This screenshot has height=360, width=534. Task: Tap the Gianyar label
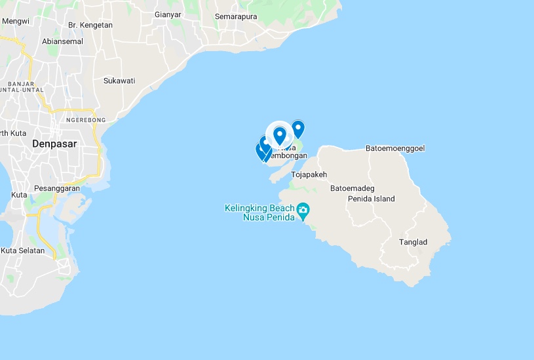coord(168,14)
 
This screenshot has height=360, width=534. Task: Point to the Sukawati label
coord(119,81)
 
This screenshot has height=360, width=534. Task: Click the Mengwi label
coord(16,21)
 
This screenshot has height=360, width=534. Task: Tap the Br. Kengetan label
coord(90,25)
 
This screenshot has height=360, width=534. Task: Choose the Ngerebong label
coord(86,120)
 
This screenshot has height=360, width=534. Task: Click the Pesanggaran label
coord(56,188)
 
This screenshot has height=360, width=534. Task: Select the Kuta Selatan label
coord(23,250)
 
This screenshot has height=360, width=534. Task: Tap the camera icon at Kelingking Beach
coord(303,210)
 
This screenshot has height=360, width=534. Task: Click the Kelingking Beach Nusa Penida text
coord(259,212)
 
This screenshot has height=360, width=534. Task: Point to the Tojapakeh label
coord(309,174)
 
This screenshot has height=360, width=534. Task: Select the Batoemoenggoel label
coord(395,148)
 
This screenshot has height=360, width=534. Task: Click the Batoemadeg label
coord(353,188)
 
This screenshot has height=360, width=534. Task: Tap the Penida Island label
coord(372,199)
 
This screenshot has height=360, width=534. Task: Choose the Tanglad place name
coord(413,242)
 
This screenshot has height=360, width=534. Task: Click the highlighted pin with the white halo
coord(280,135)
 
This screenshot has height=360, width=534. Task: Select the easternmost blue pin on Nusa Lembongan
coord(298,129)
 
